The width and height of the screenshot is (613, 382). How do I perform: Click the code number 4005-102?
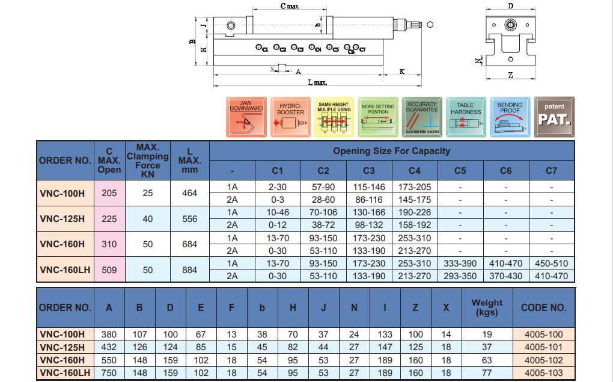[x=543, y=360]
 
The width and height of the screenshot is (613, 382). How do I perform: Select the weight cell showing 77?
[x=487, y=373]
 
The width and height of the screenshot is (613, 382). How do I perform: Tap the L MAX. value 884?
[x=189, y=270]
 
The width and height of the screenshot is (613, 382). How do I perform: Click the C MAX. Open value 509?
[x=109, y=270]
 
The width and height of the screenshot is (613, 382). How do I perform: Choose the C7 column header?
[x=551, y=170]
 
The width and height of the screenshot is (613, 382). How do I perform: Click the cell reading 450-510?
[x=551, y=263]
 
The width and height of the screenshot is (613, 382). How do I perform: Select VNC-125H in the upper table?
[x=64, y=219]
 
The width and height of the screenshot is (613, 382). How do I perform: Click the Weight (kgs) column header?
[x=487, y=307]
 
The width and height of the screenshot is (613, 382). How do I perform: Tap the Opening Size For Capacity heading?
[x=391, y=151]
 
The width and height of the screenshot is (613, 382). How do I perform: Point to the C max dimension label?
[x=290, y=5]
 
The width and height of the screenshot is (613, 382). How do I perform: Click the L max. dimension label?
[x=317, y=82]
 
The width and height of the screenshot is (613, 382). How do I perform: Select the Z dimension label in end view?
[x=510, y=75]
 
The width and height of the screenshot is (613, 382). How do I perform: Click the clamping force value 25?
[x=148, y=193]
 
